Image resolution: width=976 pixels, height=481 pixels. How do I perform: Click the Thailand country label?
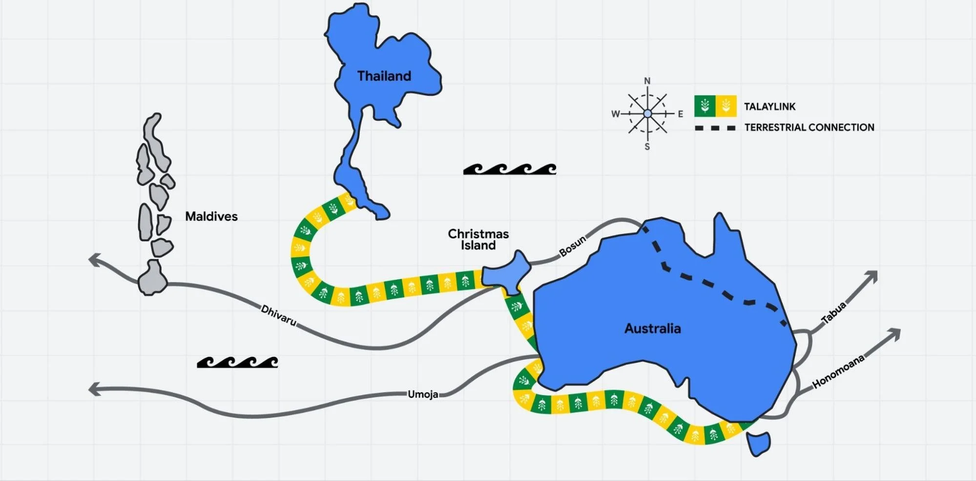[384, 76]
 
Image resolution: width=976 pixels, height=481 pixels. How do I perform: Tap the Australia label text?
[652, 328]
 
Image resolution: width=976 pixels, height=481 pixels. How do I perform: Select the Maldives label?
[211, 216]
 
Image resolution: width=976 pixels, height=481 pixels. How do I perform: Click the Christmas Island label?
[478, 240]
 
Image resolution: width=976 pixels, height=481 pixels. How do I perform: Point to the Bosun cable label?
[572, 246]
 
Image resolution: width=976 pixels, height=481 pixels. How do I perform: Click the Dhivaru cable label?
[278, 315]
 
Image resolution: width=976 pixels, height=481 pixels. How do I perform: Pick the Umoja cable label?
[423, 394]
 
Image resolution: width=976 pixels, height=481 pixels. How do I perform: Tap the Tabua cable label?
[833, 313]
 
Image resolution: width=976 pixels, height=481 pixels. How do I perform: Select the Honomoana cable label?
[838, 372]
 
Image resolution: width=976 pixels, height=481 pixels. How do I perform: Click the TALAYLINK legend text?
[769, 106]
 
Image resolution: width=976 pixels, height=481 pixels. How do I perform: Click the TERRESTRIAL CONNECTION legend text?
[809, 127]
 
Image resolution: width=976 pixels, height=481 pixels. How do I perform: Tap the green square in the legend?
[705, 106]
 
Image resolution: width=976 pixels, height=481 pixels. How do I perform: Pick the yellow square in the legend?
[726, 106]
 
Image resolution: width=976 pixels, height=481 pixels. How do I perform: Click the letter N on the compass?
[647, 81]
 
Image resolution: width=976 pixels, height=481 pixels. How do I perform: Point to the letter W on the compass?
[615, 114]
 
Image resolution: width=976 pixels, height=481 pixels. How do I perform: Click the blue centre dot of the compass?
[647, 114]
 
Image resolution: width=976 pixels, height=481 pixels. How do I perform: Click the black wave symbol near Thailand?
[509, 169]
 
